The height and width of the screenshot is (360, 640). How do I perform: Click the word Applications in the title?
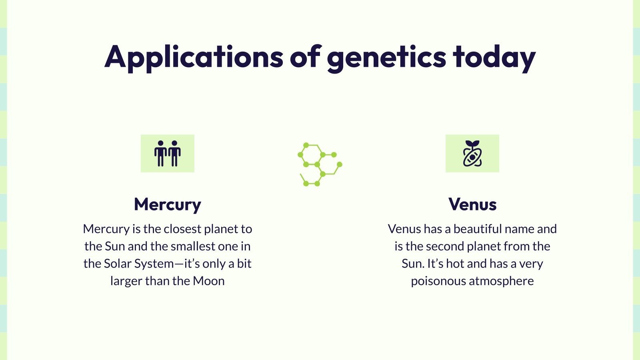(x=194, y=57)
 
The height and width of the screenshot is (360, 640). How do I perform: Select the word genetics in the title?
(x=386, y=57)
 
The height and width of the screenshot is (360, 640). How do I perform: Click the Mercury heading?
(x=168, y=204)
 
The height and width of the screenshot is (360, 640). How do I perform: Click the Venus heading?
(x=472, y=204)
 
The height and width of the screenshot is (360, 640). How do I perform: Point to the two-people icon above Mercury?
(x=168, y=154)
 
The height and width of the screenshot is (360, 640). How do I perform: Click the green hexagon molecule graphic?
(x=320, y=164)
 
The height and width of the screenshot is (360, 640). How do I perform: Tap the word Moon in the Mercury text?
(x=208, y=281)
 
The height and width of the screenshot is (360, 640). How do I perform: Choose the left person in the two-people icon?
(x=161, y=154)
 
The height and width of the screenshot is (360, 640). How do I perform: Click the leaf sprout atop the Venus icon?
(x=472, y=143)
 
